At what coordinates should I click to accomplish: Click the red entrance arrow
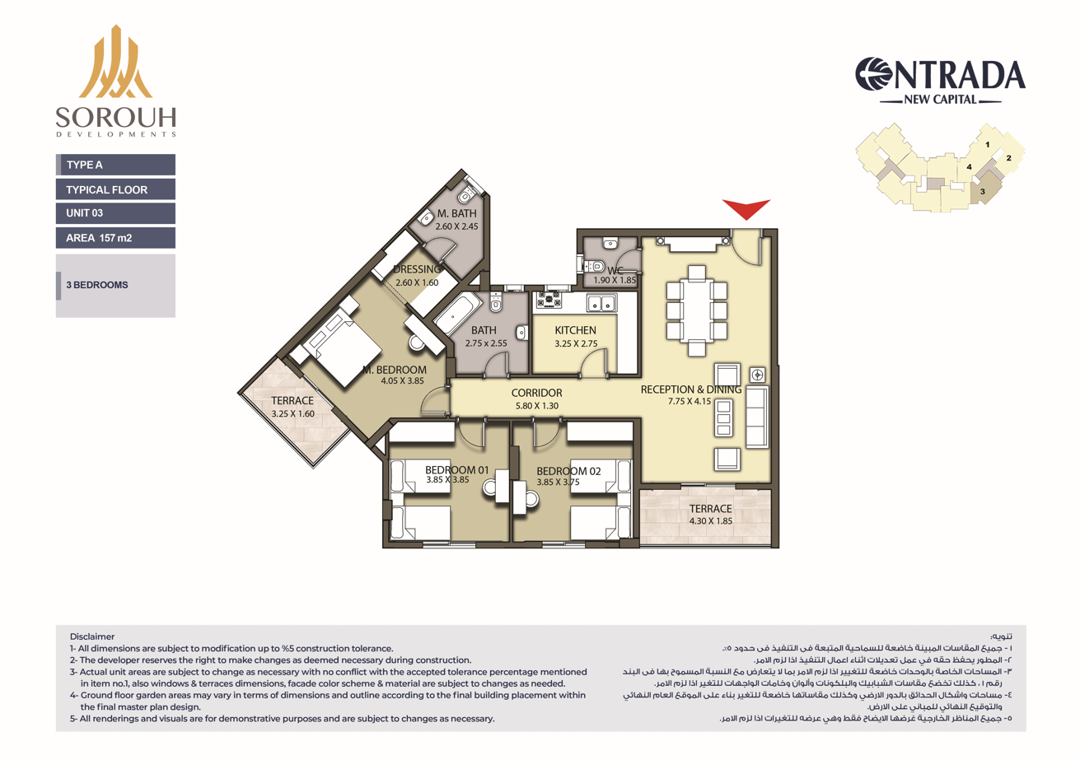746,208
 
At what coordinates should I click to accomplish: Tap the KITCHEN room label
575,330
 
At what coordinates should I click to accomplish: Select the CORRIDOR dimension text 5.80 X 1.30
536,406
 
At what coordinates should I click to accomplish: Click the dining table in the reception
697,311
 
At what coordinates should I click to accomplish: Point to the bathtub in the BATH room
457,313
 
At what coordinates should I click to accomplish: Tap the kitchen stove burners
549,300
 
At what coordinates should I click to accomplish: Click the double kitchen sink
601,303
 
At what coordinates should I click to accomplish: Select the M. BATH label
456,213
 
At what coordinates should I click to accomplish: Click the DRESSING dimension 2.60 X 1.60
417,282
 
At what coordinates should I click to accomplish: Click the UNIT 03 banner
115,213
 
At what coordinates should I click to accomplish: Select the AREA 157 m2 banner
115,238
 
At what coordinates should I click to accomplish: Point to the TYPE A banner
115,165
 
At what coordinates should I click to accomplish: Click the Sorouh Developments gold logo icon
115,62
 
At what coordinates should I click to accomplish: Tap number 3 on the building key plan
982,191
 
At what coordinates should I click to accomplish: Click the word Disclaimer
92,636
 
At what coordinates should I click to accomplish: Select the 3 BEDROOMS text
97,285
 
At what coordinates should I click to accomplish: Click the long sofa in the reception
757,417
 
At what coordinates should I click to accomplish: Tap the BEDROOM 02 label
568,471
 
